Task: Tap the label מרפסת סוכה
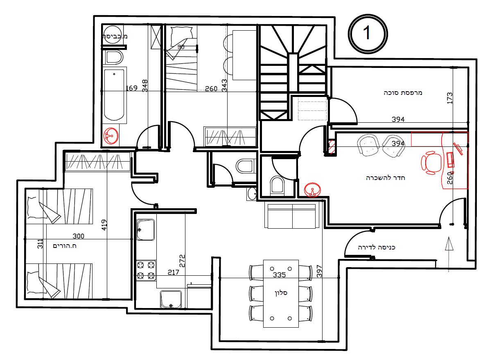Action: (x=403, y=93)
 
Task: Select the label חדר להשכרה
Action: (x=385, y=178)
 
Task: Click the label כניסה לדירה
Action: (x=377, y=248)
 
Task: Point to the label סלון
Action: (x=281, y=293)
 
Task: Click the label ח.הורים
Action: (x=65, y=246)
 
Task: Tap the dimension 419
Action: (x=104, y=225)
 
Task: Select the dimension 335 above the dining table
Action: (x=279, y=275)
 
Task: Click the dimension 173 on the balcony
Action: (x=449, y=98)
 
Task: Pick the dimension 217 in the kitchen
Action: (x=173, y=272)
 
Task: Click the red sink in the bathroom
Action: (x=111, y=136)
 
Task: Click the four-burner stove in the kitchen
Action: (x=146, y=270)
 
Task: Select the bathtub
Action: (x=114, y=95)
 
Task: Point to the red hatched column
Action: (x=332, y=147)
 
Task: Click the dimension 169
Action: (x=131, y=88)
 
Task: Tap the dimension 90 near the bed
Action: (x=181, y=47)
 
